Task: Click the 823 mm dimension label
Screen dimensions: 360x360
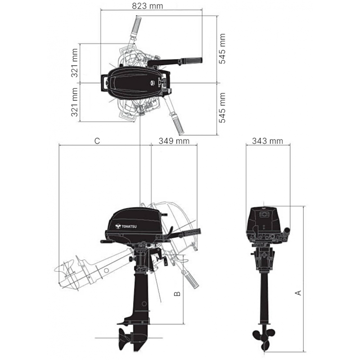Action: (148, 6)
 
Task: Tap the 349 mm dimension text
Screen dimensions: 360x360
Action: (174, 141)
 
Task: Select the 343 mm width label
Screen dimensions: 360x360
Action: (268, 141)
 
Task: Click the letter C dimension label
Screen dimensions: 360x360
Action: (97, 141)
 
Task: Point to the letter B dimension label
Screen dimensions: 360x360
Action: (177, 293)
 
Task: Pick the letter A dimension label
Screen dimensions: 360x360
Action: (297, 293)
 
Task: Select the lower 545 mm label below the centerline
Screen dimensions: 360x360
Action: (222, 108)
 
